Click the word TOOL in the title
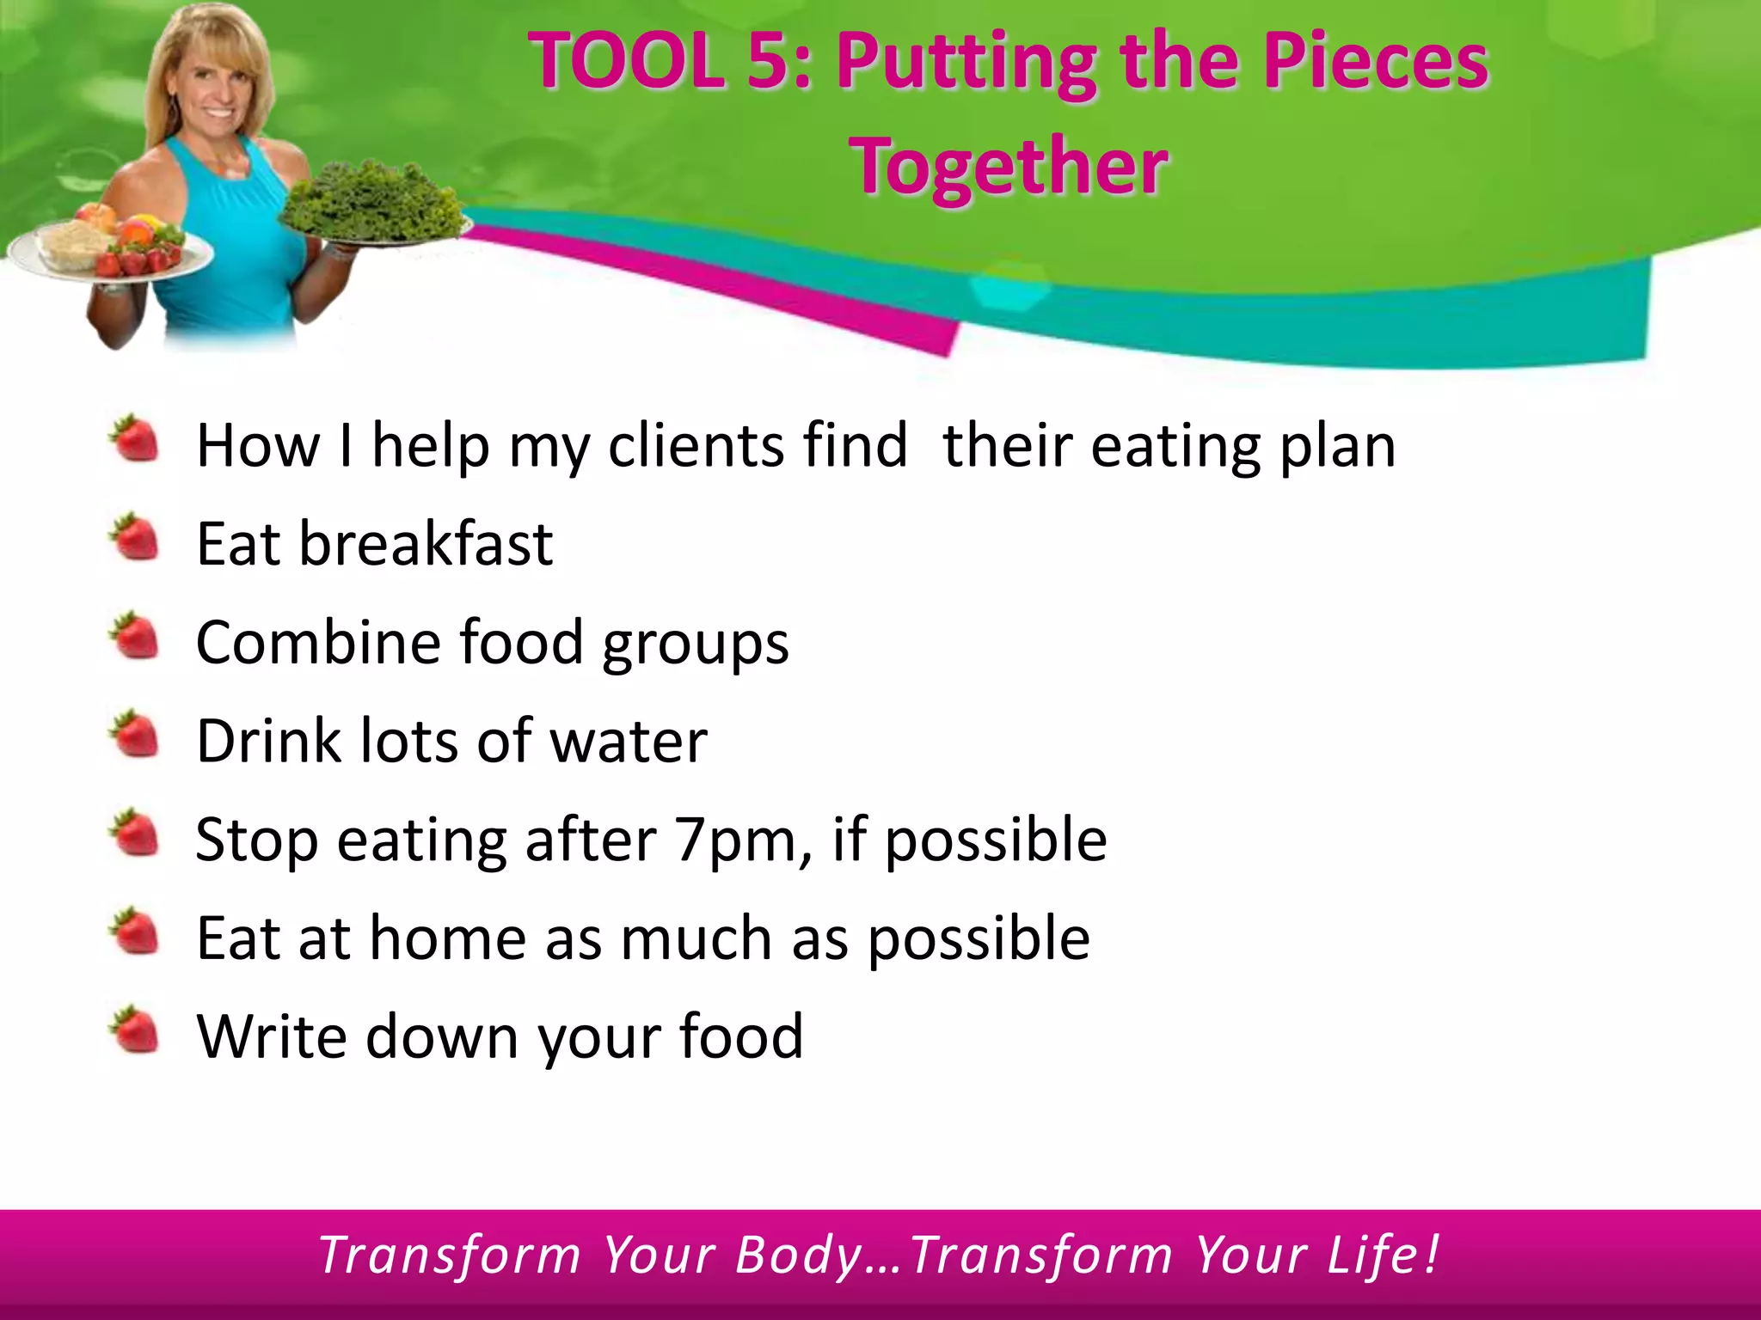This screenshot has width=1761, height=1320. [627, 62]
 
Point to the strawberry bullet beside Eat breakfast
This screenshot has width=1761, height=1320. [135, 538]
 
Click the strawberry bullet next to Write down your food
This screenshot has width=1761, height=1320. [135, 1030]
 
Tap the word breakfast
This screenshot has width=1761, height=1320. [425, 544]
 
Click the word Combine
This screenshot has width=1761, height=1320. [317, 643]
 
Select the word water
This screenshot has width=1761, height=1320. [629, 741]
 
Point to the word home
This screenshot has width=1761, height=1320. [447, 938]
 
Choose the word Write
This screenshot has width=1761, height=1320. [271, 1036]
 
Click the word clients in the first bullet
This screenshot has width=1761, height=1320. [696, 446]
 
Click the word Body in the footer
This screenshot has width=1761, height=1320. [799, 1256]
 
